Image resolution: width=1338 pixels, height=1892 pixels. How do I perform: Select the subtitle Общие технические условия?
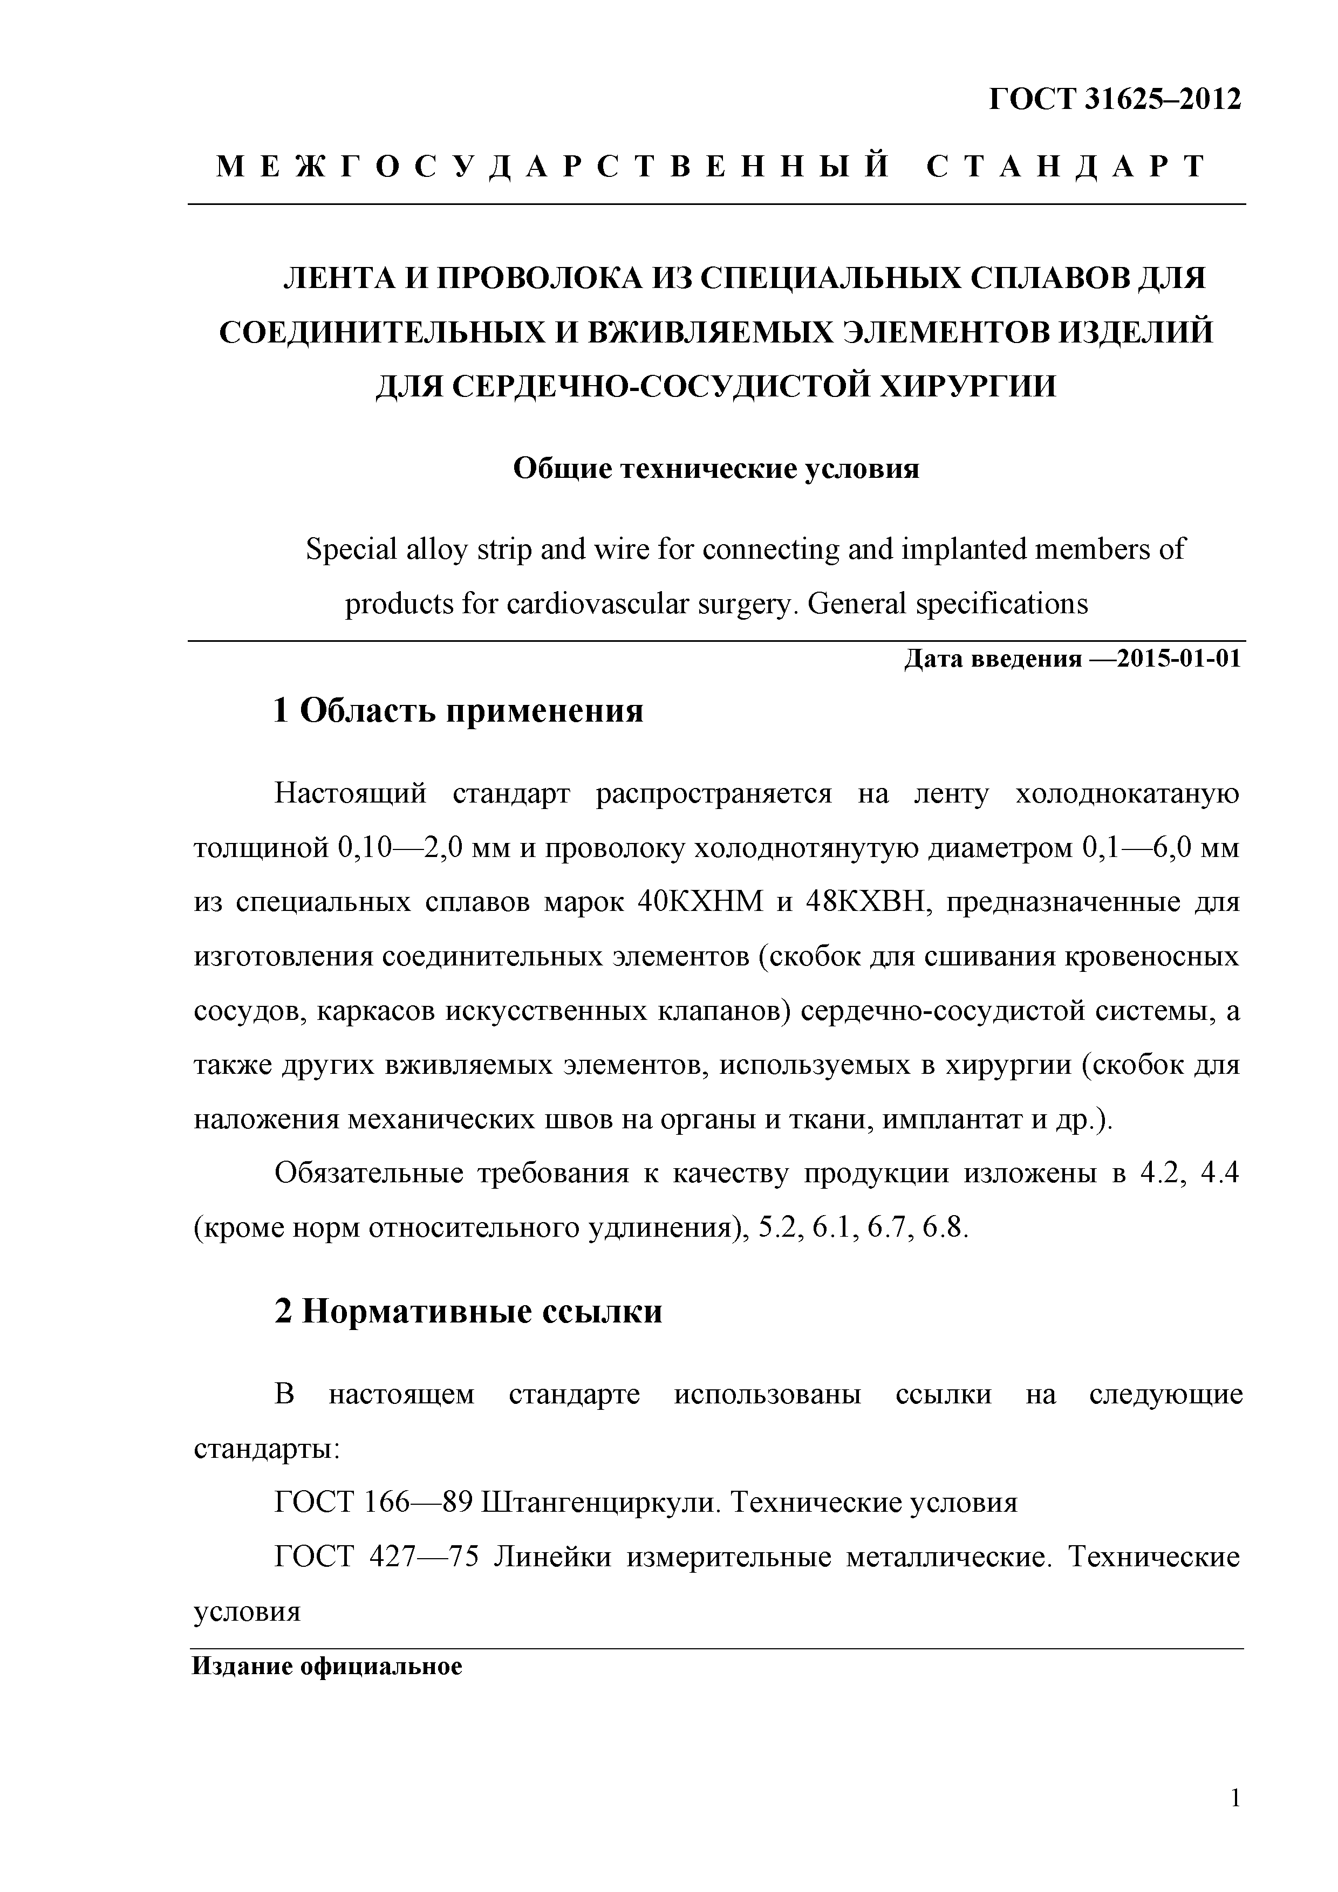tap(715, 469)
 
